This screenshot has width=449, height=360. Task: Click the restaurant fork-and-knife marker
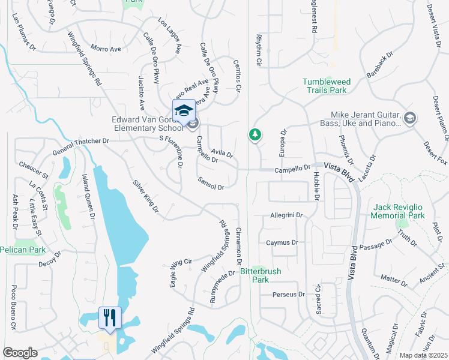110,317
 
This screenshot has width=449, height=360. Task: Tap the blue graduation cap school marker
184,110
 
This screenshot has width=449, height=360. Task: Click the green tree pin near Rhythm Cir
255,134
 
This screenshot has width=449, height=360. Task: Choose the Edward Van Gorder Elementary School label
147,123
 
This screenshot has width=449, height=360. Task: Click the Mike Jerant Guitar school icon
410,117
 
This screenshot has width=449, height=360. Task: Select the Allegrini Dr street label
286,214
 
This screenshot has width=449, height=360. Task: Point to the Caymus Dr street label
282,242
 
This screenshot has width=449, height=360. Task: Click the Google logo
20,353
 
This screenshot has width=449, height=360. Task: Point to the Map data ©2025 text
424,355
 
